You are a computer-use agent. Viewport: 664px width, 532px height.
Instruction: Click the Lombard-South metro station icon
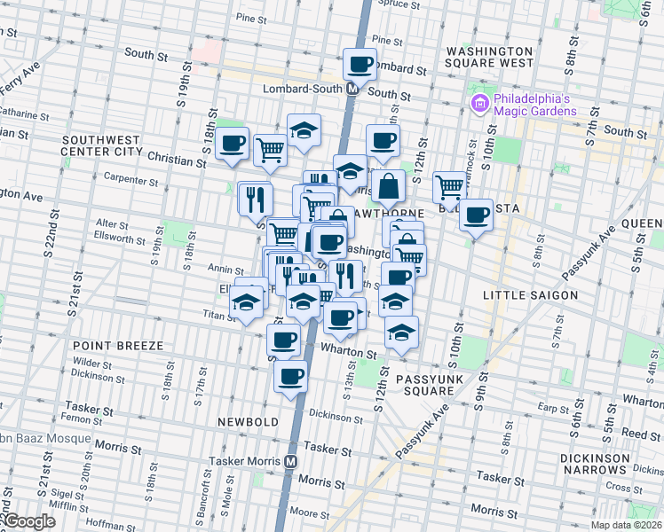click(352, 89)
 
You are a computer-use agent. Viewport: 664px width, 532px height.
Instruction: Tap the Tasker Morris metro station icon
click(290, 462)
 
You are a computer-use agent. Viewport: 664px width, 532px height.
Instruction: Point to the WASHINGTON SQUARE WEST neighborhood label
click(490, 57)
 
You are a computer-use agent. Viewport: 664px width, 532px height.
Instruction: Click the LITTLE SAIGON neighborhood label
click(529, 294)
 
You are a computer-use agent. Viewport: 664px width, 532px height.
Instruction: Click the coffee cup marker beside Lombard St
click(360, 65)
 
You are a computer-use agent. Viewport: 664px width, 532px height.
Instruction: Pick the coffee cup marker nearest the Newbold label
click(290, 378)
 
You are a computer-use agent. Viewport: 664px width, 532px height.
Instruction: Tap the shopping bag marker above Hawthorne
click(389, 187)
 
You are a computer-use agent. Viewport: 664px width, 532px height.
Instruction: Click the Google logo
click(30, 521)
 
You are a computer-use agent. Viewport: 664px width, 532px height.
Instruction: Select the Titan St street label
click(218, 314)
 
